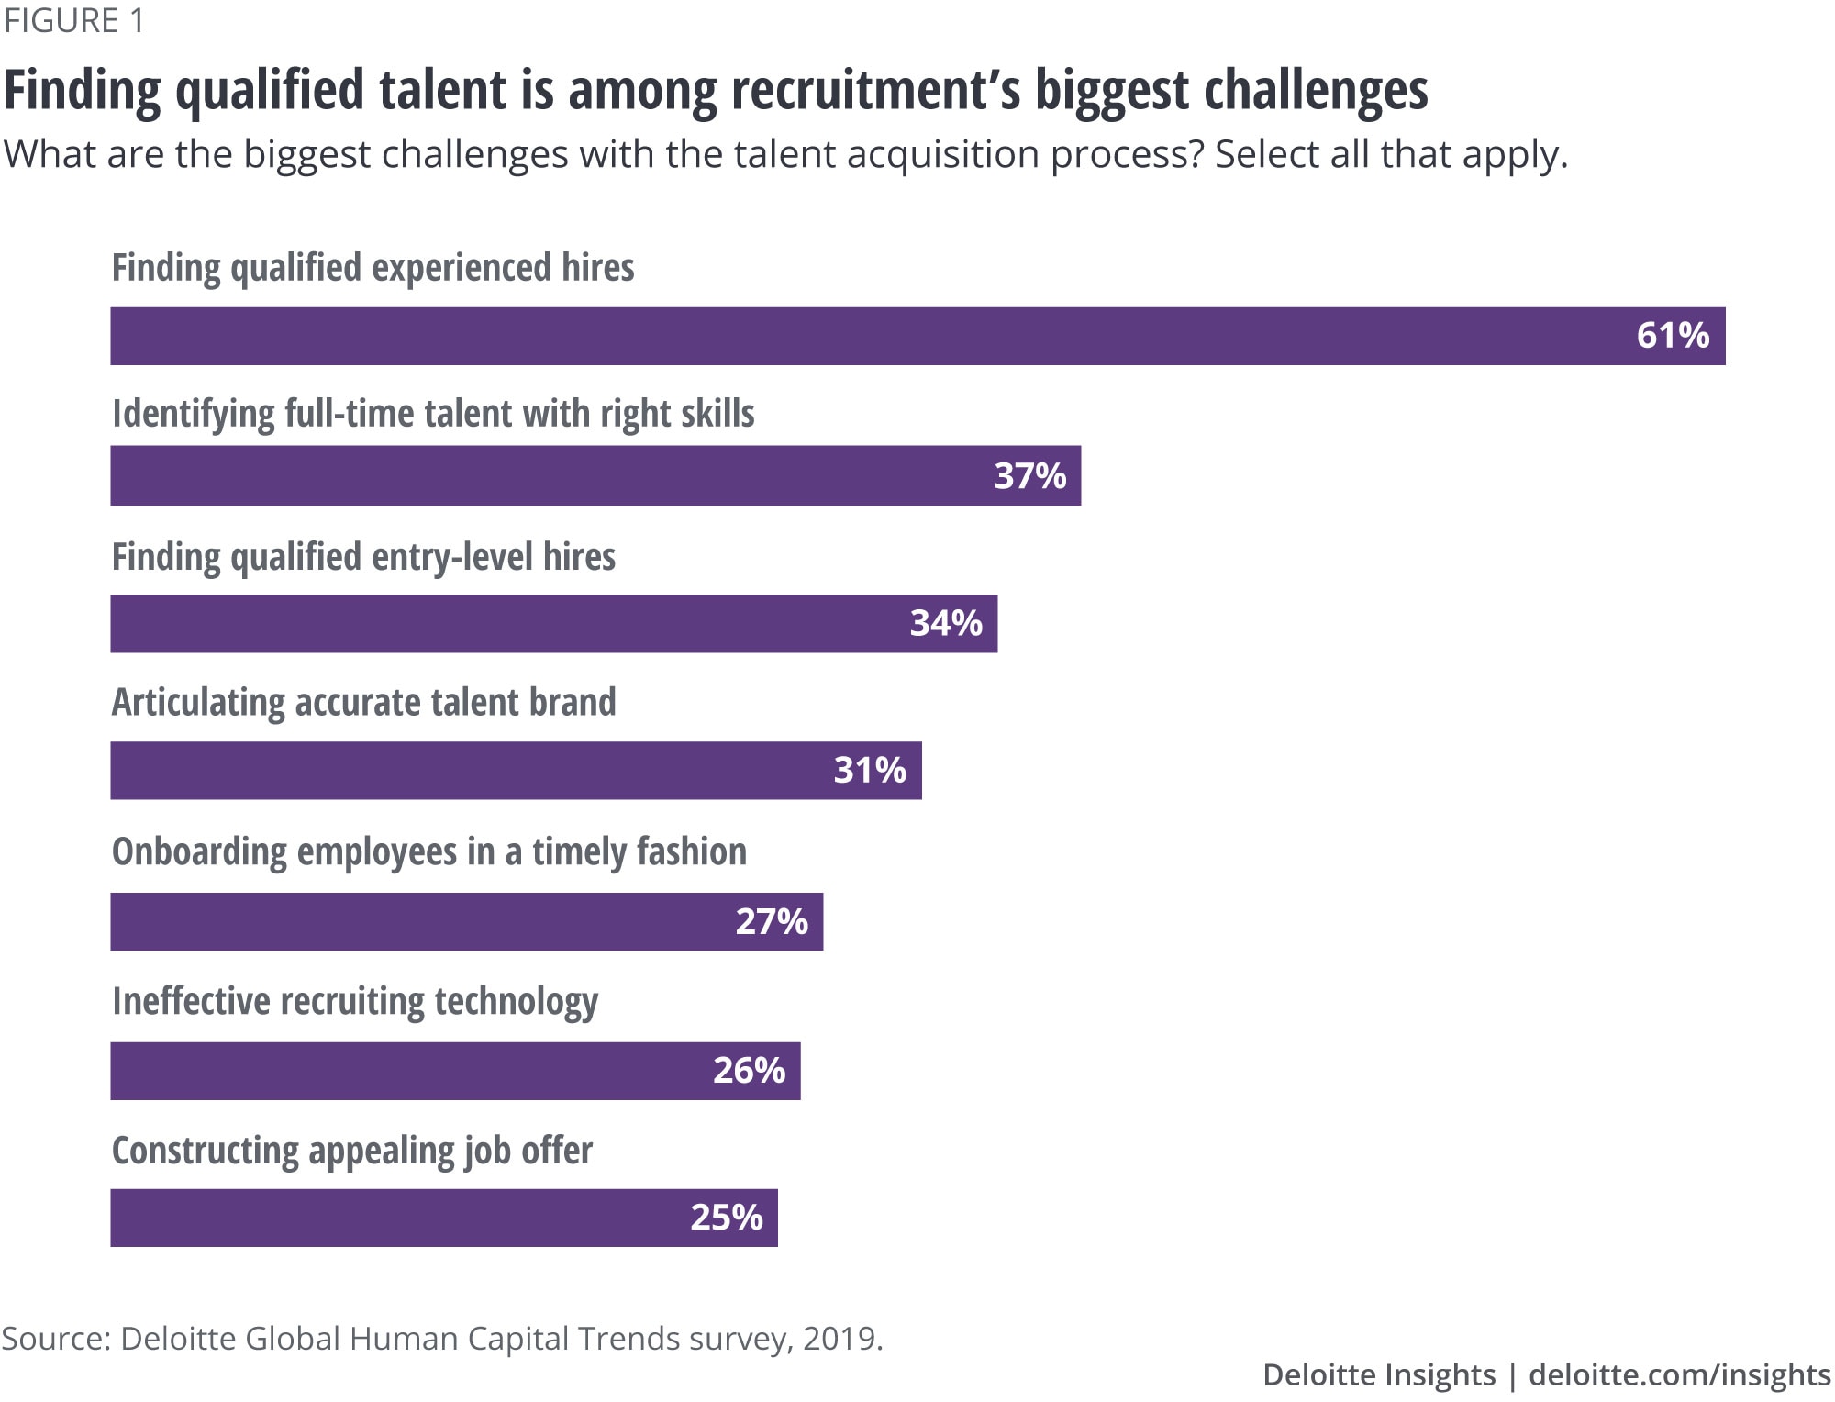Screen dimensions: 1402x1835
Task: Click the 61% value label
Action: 1673,336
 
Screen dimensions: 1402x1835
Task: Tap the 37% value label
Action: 1029,476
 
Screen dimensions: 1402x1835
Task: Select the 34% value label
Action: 946,624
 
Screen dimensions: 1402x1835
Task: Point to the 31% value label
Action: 870,771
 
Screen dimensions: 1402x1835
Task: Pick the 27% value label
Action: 772,922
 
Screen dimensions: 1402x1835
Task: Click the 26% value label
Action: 749,1071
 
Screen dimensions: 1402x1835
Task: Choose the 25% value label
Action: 726,1218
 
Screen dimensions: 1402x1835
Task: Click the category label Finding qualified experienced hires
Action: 373,269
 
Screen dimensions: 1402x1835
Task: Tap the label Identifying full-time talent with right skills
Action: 433,415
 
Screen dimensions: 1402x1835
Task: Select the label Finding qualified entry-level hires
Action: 363,558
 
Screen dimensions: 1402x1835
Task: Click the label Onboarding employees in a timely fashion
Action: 428,852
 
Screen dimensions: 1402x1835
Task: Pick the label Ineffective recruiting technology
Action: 354,1002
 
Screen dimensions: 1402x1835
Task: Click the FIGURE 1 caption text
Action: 74,20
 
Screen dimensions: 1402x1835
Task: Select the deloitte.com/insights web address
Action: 1679,1374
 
